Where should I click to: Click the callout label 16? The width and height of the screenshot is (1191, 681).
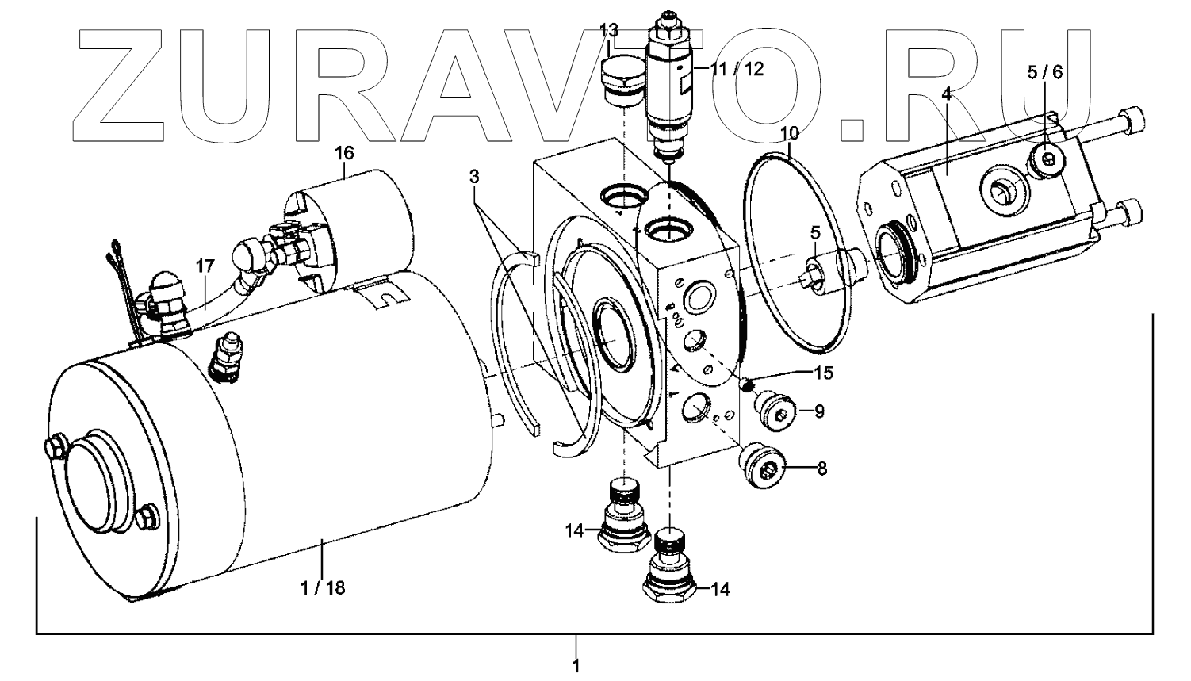coord(344,153)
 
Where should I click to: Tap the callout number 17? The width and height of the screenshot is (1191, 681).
coord(205,266)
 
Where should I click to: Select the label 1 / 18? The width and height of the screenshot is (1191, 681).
coord(323,588)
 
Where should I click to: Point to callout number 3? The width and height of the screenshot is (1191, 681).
coord(474,177)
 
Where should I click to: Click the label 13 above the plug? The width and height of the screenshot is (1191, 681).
coord(609,29)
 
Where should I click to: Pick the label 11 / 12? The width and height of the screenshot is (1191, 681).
coord(737,69)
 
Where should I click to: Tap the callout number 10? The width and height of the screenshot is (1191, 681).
coord(790,133)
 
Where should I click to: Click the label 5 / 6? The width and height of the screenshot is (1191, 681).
coord(1045,72)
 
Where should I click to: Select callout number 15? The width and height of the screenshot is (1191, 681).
coord(823,373)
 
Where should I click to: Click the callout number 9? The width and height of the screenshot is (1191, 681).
coord(819,411)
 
